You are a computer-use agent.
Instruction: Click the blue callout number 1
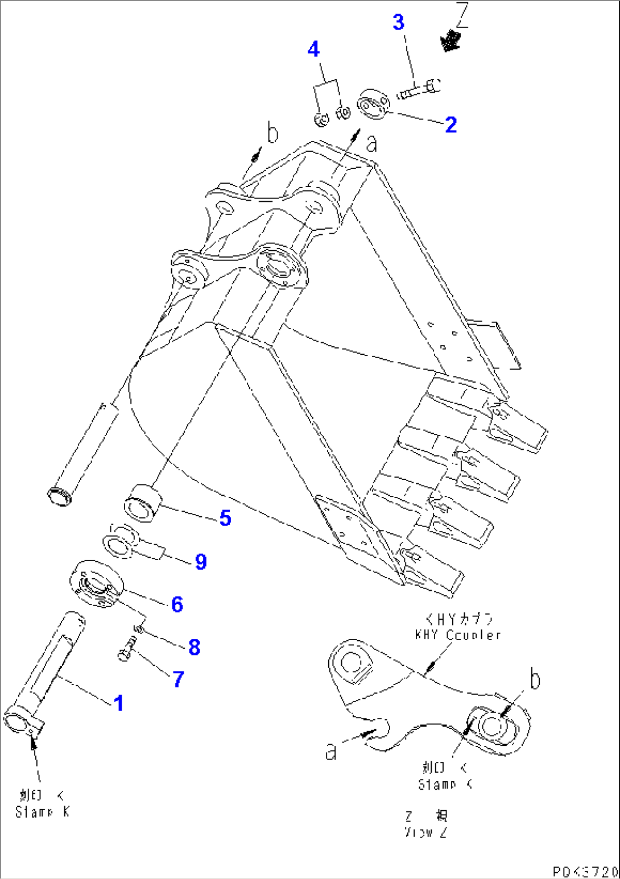pyautogui.click(x=118, y=703)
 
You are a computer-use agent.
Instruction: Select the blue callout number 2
pyautogui.click(x=450, y=125)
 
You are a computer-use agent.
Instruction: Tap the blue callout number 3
pyautogui.click(x=398, y=22)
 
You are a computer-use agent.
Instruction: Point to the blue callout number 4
pyautogui.click(x=313, y=49)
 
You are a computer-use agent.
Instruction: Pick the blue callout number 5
pyautogui.click(x=225, y=518)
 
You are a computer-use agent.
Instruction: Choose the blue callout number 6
pyautogui.click(x=177, y=604)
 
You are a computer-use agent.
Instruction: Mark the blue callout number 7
pyautogui.click(x=178, y=679)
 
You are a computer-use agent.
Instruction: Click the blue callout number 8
pyautogui.click(x=194, y=647)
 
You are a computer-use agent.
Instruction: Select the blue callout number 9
pyautogui.click(x=200, y=562)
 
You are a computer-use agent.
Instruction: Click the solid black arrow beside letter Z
pyautogui.click(x=450, y=42)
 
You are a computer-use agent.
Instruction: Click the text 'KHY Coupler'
pyautogui.click(x=457, y=635)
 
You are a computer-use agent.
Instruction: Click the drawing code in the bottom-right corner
pyautogui.click(x=585, y=872)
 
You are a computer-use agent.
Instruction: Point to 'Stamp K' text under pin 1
pyautogui.click(x=42, y=812)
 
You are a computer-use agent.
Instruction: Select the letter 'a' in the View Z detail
pyautogui.click(x=331, y=751)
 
